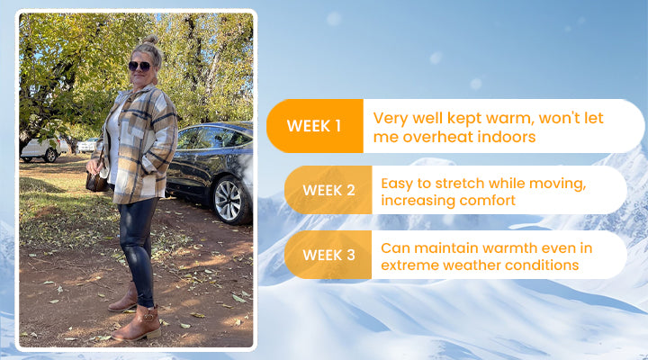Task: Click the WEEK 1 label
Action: (314, 126)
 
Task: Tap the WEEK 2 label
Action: (328, 190)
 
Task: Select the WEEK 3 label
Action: (328, 255)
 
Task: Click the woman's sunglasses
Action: (139, 66)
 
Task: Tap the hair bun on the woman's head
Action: (151, 40)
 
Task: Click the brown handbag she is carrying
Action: (96, 182)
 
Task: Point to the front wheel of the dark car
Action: (228, 200)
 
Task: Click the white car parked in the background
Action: (40, 149)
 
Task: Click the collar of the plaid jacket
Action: (141, 92)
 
